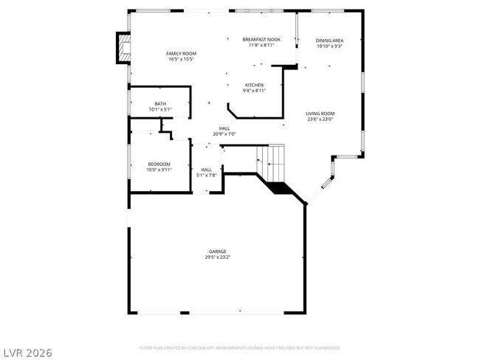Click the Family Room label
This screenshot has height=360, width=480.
click(x=180, y=54)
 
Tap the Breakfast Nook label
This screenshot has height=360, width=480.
click(x=261, y=39)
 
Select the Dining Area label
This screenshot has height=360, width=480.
click(x=329, y=41)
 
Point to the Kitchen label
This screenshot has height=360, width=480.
click(x=255, y=85)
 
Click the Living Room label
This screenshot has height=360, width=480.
click(x=320, y=113)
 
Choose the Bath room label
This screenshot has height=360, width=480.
click(x=160, y=103)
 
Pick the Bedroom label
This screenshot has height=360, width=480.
click(x=159, y=164)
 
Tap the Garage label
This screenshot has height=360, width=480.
click(x=217, y=252)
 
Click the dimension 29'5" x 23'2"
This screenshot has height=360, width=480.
click(x=217, y=257)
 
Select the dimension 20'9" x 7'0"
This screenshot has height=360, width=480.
click(x=224, y=134)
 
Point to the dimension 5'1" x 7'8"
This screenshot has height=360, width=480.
click(x=207, y=176)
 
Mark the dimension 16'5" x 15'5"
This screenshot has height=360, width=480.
click(x=180, y=60)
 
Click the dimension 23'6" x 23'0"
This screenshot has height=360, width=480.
click(x=320, y=119)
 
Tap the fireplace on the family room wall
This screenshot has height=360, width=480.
click(x=122, y=49)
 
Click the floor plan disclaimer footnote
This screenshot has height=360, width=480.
click(x=239, y=347)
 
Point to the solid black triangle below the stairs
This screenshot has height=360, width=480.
click(x=279, y=187)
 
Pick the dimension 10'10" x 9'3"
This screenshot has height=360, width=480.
click(x=329, y=46)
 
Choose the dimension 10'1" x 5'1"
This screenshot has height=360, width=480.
click(x=160, y=109)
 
